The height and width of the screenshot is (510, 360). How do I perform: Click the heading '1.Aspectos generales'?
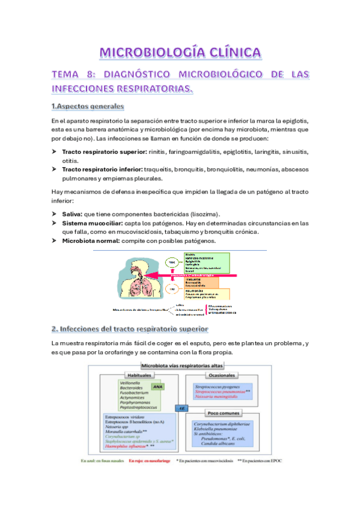pyautogui.click(x=87, y=106)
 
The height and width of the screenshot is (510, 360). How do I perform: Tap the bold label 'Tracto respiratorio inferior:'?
pyautogui.click(x=101, y=170)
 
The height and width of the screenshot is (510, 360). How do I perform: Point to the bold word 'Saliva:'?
pyautogui.click(x=73, y=214)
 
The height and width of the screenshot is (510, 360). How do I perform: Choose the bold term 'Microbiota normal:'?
pyautogui.click(x=91, y=241)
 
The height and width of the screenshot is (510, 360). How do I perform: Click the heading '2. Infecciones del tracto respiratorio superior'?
pyautogui.click(x=130, y=329)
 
